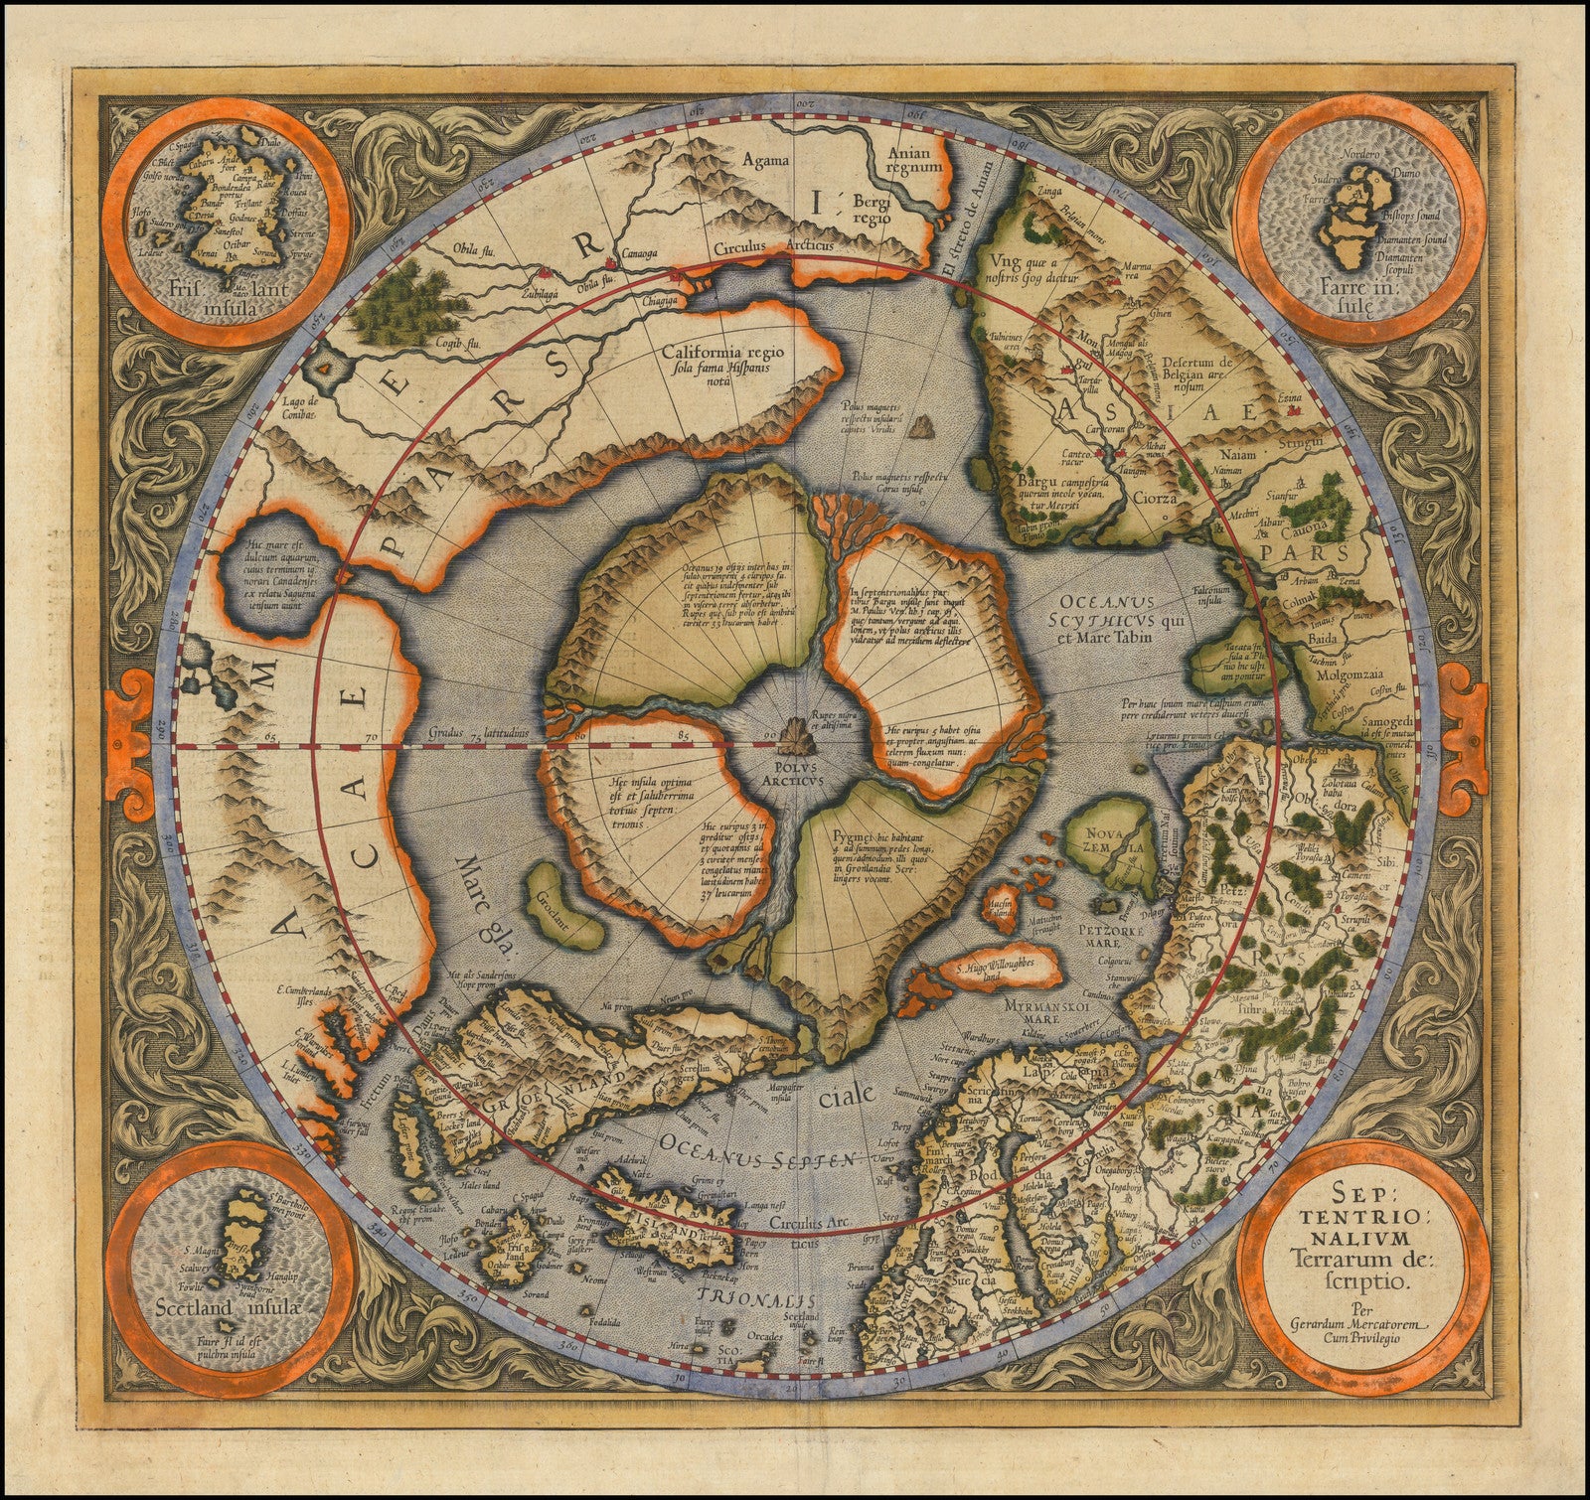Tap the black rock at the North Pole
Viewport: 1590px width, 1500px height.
pos(794,736)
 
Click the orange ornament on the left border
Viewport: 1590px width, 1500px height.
pos(130,711)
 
